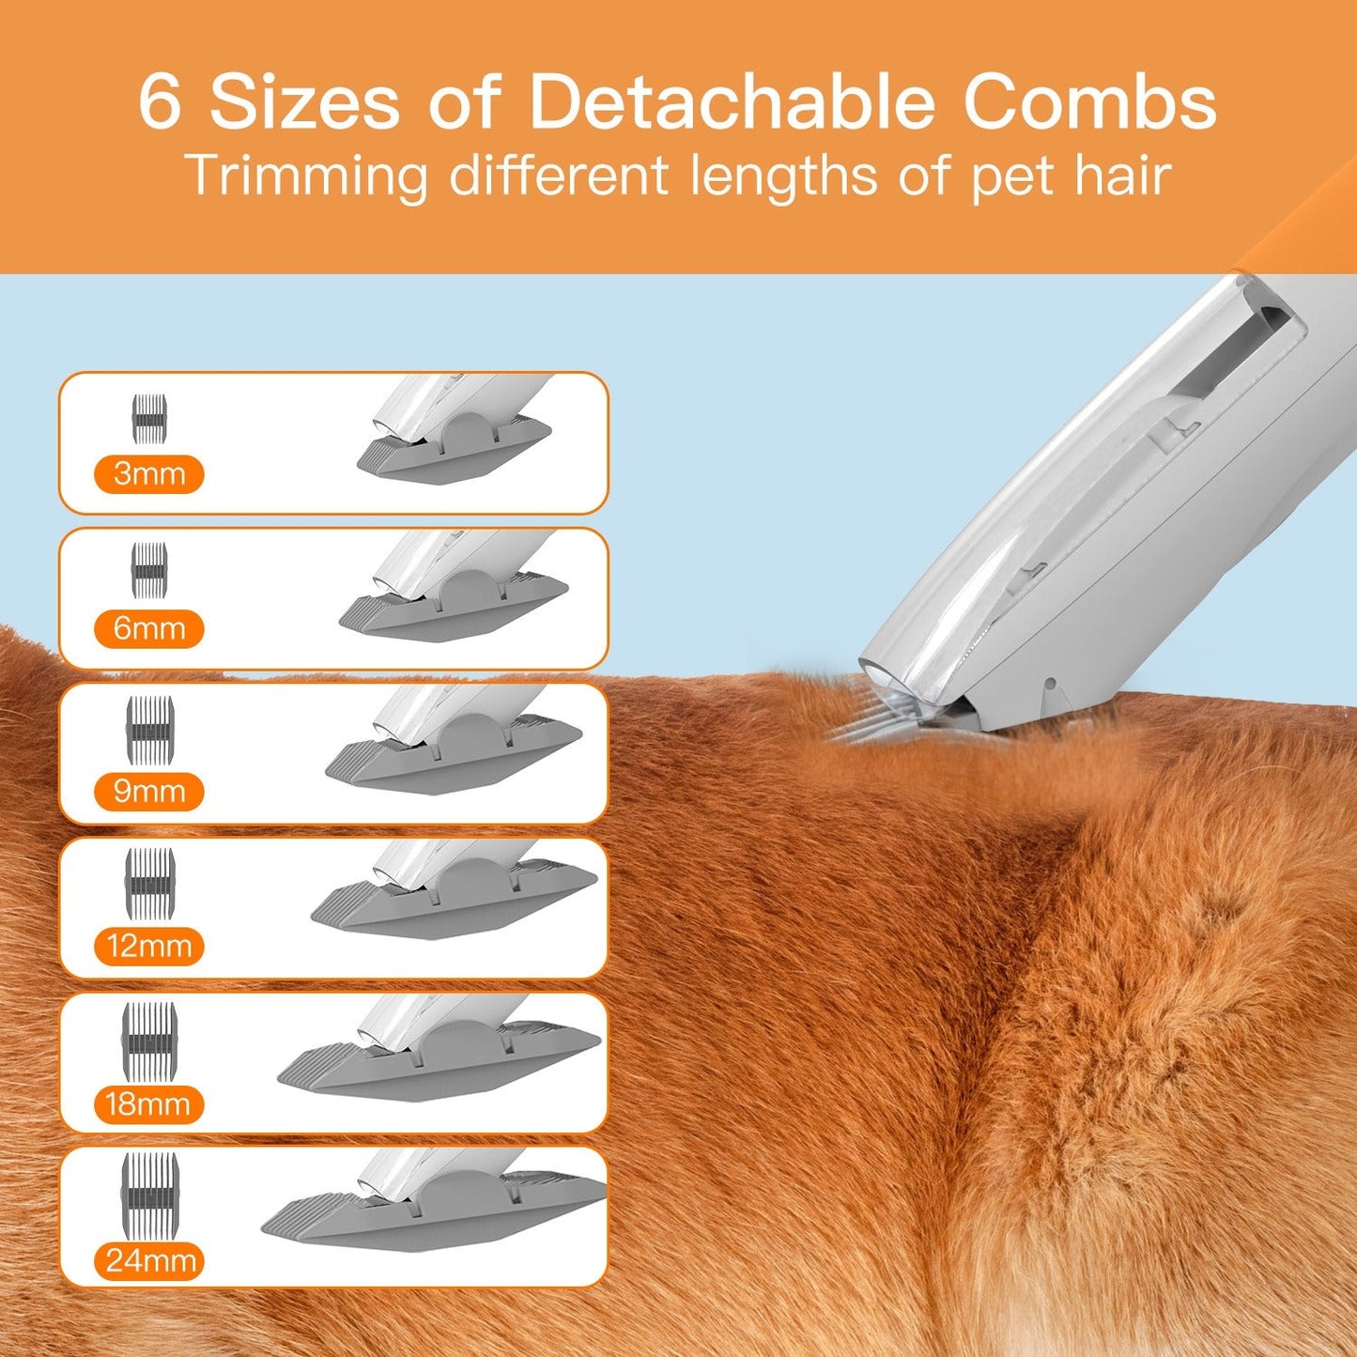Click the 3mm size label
[x=148, y=474]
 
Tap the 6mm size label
[x=148, y=628]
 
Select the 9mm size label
[x=148, y=792]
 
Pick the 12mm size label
[x=148, y=946]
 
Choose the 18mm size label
[x=148, y=1104]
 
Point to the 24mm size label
[x=149, y=1260]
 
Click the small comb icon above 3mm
[x=149, y=419]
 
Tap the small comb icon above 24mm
[x=149, y=1195]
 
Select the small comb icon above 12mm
[x=149, y=883]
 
